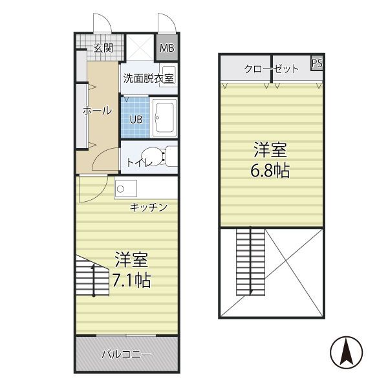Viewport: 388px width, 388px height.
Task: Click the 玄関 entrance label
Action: tap(103, 48)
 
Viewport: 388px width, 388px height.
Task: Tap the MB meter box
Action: tap(167, 48)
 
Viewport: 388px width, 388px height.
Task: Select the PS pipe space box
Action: tap(317, 63)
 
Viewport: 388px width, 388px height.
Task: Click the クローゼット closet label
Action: tap(271, 69)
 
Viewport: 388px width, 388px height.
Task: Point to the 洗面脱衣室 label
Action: tap(149, 80)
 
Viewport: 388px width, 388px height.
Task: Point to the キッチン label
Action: tap(149, 207)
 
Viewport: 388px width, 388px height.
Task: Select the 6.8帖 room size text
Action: tap(270, 171)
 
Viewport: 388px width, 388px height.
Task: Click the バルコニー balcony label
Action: tap(126, 354)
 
